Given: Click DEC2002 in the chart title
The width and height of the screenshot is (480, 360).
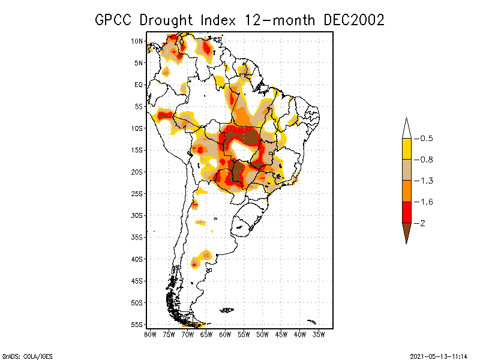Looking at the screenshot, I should pos(353,19).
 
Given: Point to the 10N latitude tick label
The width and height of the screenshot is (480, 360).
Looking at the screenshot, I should pos(137,41).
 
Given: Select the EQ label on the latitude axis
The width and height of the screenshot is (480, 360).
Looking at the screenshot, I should pos(139,85).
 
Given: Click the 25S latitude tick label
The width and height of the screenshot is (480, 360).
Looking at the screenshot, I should pos(137,194).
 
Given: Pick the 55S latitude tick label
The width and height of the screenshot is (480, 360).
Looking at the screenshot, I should pos(137,325).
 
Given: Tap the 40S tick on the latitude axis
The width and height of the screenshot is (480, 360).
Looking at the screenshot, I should pos(137,259).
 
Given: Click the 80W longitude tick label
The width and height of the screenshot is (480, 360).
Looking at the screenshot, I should pos(150,334).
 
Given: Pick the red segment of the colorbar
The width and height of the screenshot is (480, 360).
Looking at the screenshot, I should pos(407,212).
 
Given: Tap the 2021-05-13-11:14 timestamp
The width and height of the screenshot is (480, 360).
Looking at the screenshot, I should pos(439,355).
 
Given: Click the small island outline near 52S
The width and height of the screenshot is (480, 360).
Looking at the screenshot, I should pos(227,310).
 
